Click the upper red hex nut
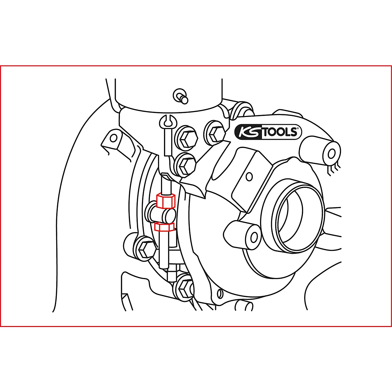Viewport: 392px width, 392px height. [166, 201]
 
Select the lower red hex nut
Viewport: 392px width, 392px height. [164, 226]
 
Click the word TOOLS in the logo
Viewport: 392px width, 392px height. [280, 132]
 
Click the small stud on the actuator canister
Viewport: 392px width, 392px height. [181, 95]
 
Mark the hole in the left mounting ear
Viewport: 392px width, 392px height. [113, 138]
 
